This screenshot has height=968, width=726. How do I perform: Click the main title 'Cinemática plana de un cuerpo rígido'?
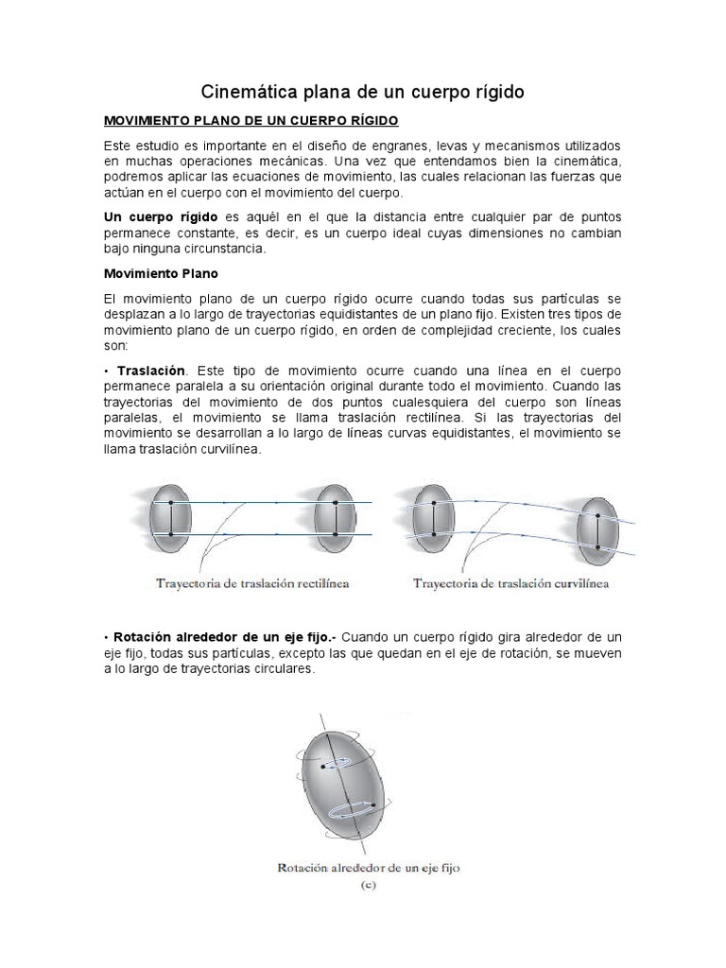tap(363, 92)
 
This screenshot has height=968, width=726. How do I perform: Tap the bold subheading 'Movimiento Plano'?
tap(161, 274)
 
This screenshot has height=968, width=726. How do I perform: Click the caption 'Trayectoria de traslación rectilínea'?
tap(251, 583)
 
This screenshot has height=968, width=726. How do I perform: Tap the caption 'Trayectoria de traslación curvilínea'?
tap(510, 583)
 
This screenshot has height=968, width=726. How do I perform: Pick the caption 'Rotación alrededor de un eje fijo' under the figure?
tap(367, 866)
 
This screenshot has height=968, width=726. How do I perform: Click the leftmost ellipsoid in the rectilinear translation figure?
tap(171, 519)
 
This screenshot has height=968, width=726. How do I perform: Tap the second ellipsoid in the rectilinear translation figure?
tap(334, 519)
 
